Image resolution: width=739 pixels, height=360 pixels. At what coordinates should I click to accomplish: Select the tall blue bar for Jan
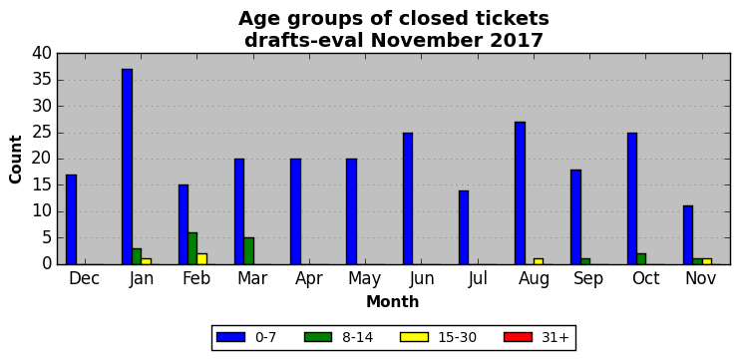128,167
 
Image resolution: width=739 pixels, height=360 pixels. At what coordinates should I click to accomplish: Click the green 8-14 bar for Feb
192,248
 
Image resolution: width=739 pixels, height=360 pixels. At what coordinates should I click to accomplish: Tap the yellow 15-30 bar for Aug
539,261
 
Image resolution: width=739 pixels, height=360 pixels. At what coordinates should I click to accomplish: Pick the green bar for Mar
249,251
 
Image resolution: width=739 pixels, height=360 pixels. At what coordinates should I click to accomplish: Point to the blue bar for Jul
464,227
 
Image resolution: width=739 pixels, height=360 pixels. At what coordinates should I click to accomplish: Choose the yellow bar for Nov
707,261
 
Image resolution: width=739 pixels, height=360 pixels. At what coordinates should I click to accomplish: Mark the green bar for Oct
641,259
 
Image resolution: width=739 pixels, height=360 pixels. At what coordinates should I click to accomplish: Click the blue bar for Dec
71,219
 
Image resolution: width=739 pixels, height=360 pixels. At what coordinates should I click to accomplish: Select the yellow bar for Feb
202,259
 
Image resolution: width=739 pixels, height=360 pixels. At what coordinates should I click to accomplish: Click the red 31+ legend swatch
518,337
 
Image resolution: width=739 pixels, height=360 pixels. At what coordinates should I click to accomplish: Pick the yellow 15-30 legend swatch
414,337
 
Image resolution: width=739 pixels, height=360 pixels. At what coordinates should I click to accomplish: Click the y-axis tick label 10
42,212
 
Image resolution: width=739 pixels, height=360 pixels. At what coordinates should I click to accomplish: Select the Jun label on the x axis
422,279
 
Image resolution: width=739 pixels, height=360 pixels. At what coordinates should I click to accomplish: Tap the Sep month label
588,279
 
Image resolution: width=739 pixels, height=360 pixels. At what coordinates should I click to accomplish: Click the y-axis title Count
16,160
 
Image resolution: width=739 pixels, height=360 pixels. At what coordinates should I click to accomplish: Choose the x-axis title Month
393,301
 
